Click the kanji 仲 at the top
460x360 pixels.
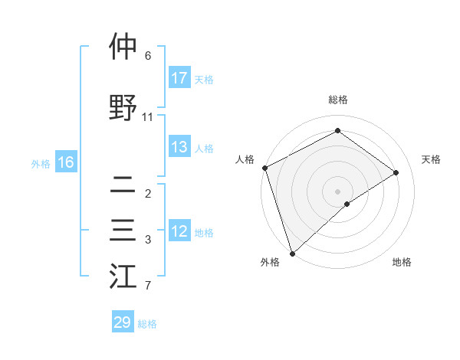[123, 48]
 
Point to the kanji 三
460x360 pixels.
[123, 231]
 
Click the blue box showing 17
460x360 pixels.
[179, 78]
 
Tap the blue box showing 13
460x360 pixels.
[179, 148]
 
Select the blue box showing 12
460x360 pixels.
[179, 231]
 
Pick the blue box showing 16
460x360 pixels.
[66, 162]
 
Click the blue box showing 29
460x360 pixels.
[123, 322]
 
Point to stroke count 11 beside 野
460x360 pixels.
[148, 117]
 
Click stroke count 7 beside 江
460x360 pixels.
[148, 286]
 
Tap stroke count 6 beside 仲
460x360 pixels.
[148, 56]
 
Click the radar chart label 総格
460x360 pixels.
[337, 100]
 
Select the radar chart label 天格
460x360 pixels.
[431, 159]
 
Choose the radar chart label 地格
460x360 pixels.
[402, 262]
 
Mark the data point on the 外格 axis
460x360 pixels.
[291, 253]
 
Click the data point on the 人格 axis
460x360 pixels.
[264, 168]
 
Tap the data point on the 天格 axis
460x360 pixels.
[396, 172]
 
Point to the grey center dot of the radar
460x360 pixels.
[337, 191]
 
